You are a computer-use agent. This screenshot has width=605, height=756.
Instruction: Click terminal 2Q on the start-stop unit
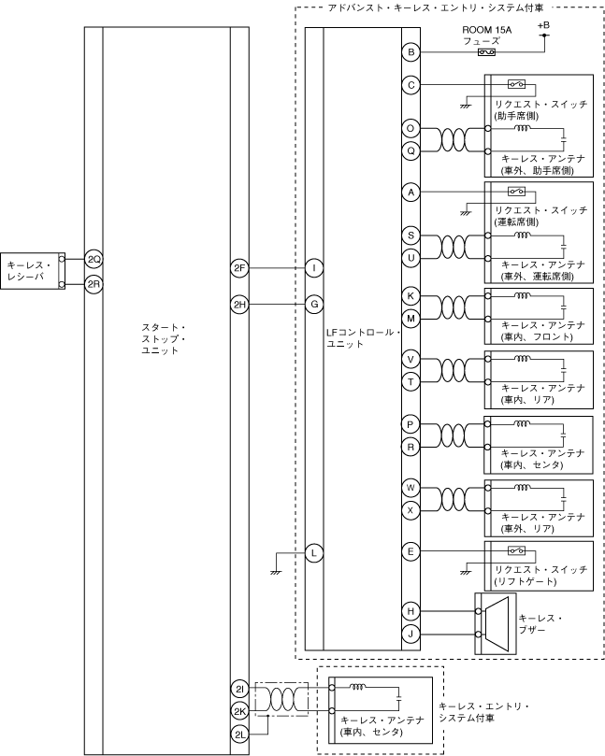pos(94,258)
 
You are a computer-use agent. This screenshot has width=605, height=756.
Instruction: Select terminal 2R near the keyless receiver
pos(94,283)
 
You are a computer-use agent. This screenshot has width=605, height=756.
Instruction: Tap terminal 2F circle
pos(239,269)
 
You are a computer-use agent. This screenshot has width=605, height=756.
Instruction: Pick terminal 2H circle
pos(239,304)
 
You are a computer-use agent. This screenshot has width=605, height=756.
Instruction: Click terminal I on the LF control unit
pos(314,269)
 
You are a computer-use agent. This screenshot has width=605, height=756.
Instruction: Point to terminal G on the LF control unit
pos(314,304)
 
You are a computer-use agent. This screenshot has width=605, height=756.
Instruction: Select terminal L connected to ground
pos(314,553)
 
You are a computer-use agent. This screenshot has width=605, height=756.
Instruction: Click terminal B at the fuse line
pos(411,52)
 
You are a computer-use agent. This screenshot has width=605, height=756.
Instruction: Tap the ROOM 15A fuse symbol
pos(486,52)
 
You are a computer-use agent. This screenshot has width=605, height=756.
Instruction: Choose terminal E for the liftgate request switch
pos(411,553)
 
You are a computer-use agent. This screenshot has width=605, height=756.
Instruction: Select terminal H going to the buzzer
pos(411,611)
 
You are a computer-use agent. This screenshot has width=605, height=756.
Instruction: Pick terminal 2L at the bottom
pos(239,735)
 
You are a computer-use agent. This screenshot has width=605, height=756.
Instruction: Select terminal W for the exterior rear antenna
pos(411,488)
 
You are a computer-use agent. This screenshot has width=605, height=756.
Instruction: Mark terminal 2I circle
pos(239,690)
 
